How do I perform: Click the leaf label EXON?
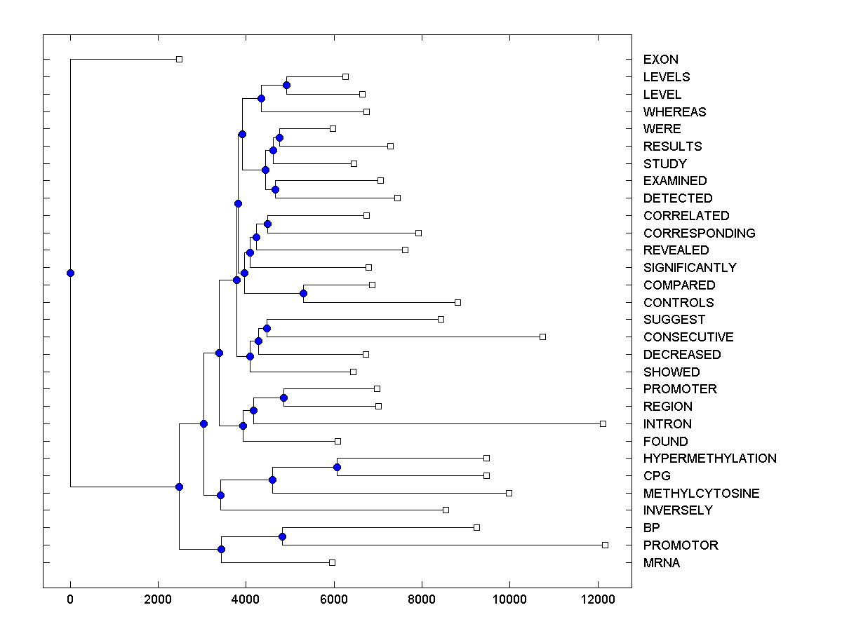click(660, 60)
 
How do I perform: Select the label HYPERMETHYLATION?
click(709, 459)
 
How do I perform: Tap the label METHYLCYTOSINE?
click(701, 494)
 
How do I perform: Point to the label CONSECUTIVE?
click(688, 337)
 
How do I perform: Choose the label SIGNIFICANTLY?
click(690, 268)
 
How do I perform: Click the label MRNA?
click(661, 563)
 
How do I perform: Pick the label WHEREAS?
click(674, 112)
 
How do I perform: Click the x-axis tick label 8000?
click(422, 599)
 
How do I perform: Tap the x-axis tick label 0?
click(70, 599)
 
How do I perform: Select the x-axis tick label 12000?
click(598, 599)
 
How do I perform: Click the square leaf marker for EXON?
click(179, 60)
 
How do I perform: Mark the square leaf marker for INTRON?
click(603, 423)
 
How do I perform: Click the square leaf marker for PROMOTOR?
click(606, 545)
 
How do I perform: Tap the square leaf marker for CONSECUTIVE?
click(542, 337)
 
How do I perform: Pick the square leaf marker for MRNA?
click(332, 562)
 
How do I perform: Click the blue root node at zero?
click(70, 273)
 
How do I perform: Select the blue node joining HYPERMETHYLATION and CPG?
click(337, 467)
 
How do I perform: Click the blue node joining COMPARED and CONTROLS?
click(303, 293)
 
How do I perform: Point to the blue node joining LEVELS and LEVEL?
click(286, 86)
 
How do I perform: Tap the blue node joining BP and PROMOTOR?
click(282, 536)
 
